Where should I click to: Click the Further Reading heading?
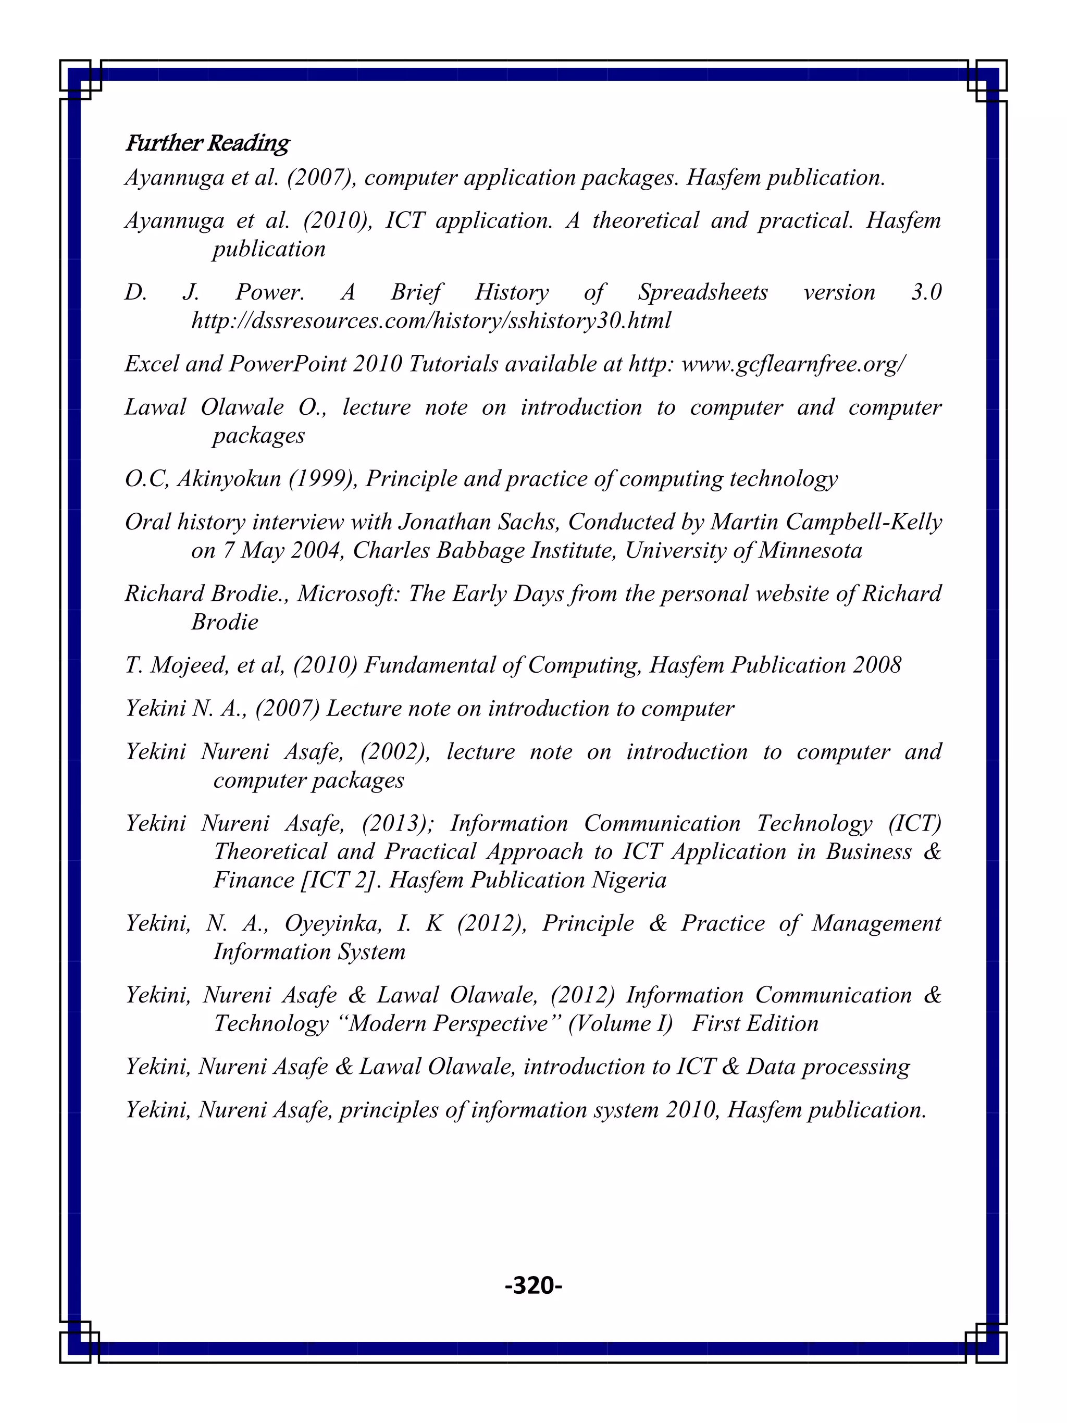coord(207,143)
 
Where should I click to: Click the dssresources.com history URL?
coord(431,320)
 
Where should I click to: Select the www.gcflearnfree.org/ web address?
coord(793,364)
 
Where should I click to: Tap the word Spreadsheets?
coord(702,292)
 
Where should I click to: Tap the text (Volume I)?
coord(620,1023)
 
